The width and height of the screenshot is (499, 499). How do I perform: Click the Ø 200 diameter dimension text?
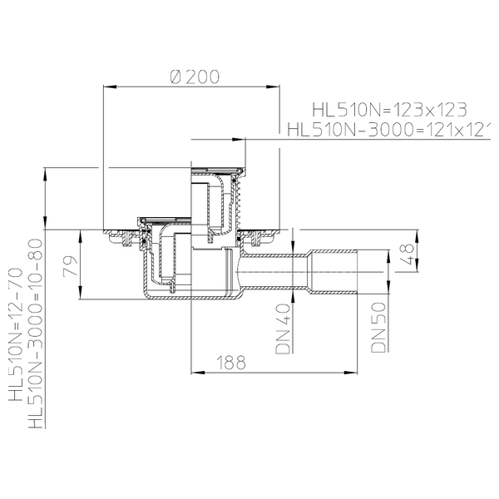tap(193, 77)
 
